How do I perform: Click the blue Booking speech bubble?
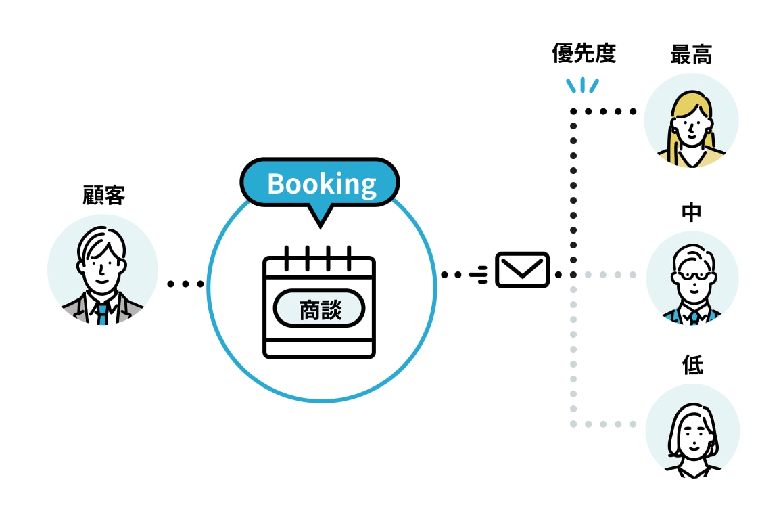[321, 183]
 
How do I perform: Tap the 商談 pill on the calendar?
[319, 310]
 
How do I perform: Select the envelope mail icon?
[522, 270]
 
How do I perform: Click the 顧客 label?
[103, 196]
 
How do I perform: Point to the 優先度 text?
[584, 55]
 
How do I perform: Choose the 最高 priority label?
[690, 55]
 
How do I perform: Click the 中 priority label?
[691, 213]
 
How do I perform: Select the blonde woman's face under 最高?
[690, 125]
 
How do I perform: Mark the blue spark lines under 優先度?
[582, 85]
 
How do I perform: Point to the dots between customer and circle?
[185, 284]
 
